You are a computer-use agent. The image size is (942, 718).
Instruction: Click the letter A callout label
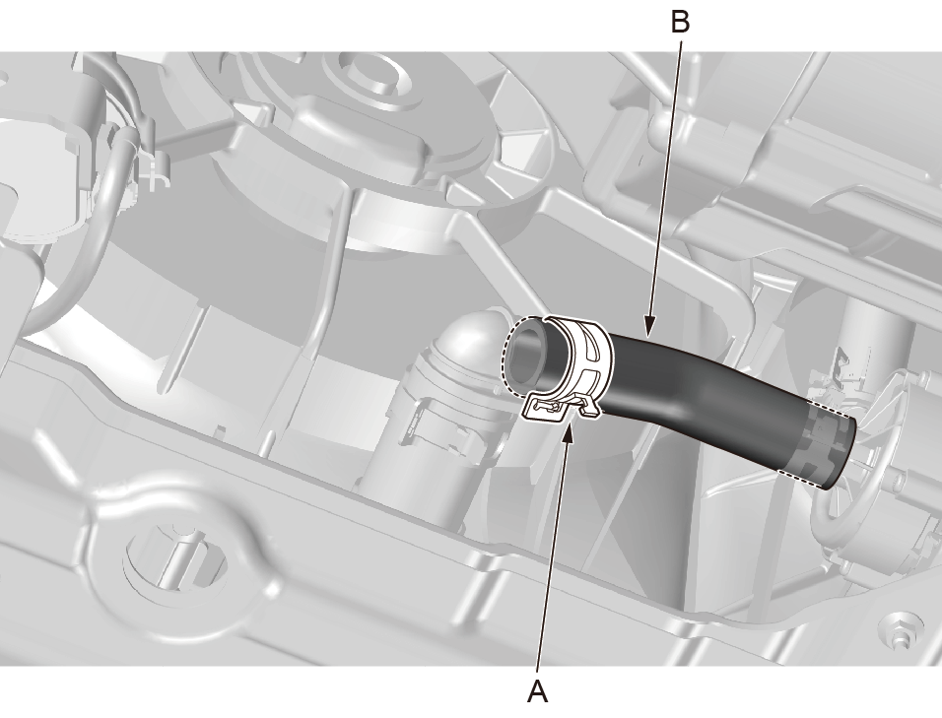tap(538, 691)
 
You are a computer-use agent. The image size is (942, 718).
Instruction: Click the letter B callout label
tap(680, 23)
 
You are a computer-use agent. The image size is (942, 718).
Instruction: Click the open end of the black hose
tap(527, 355)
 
